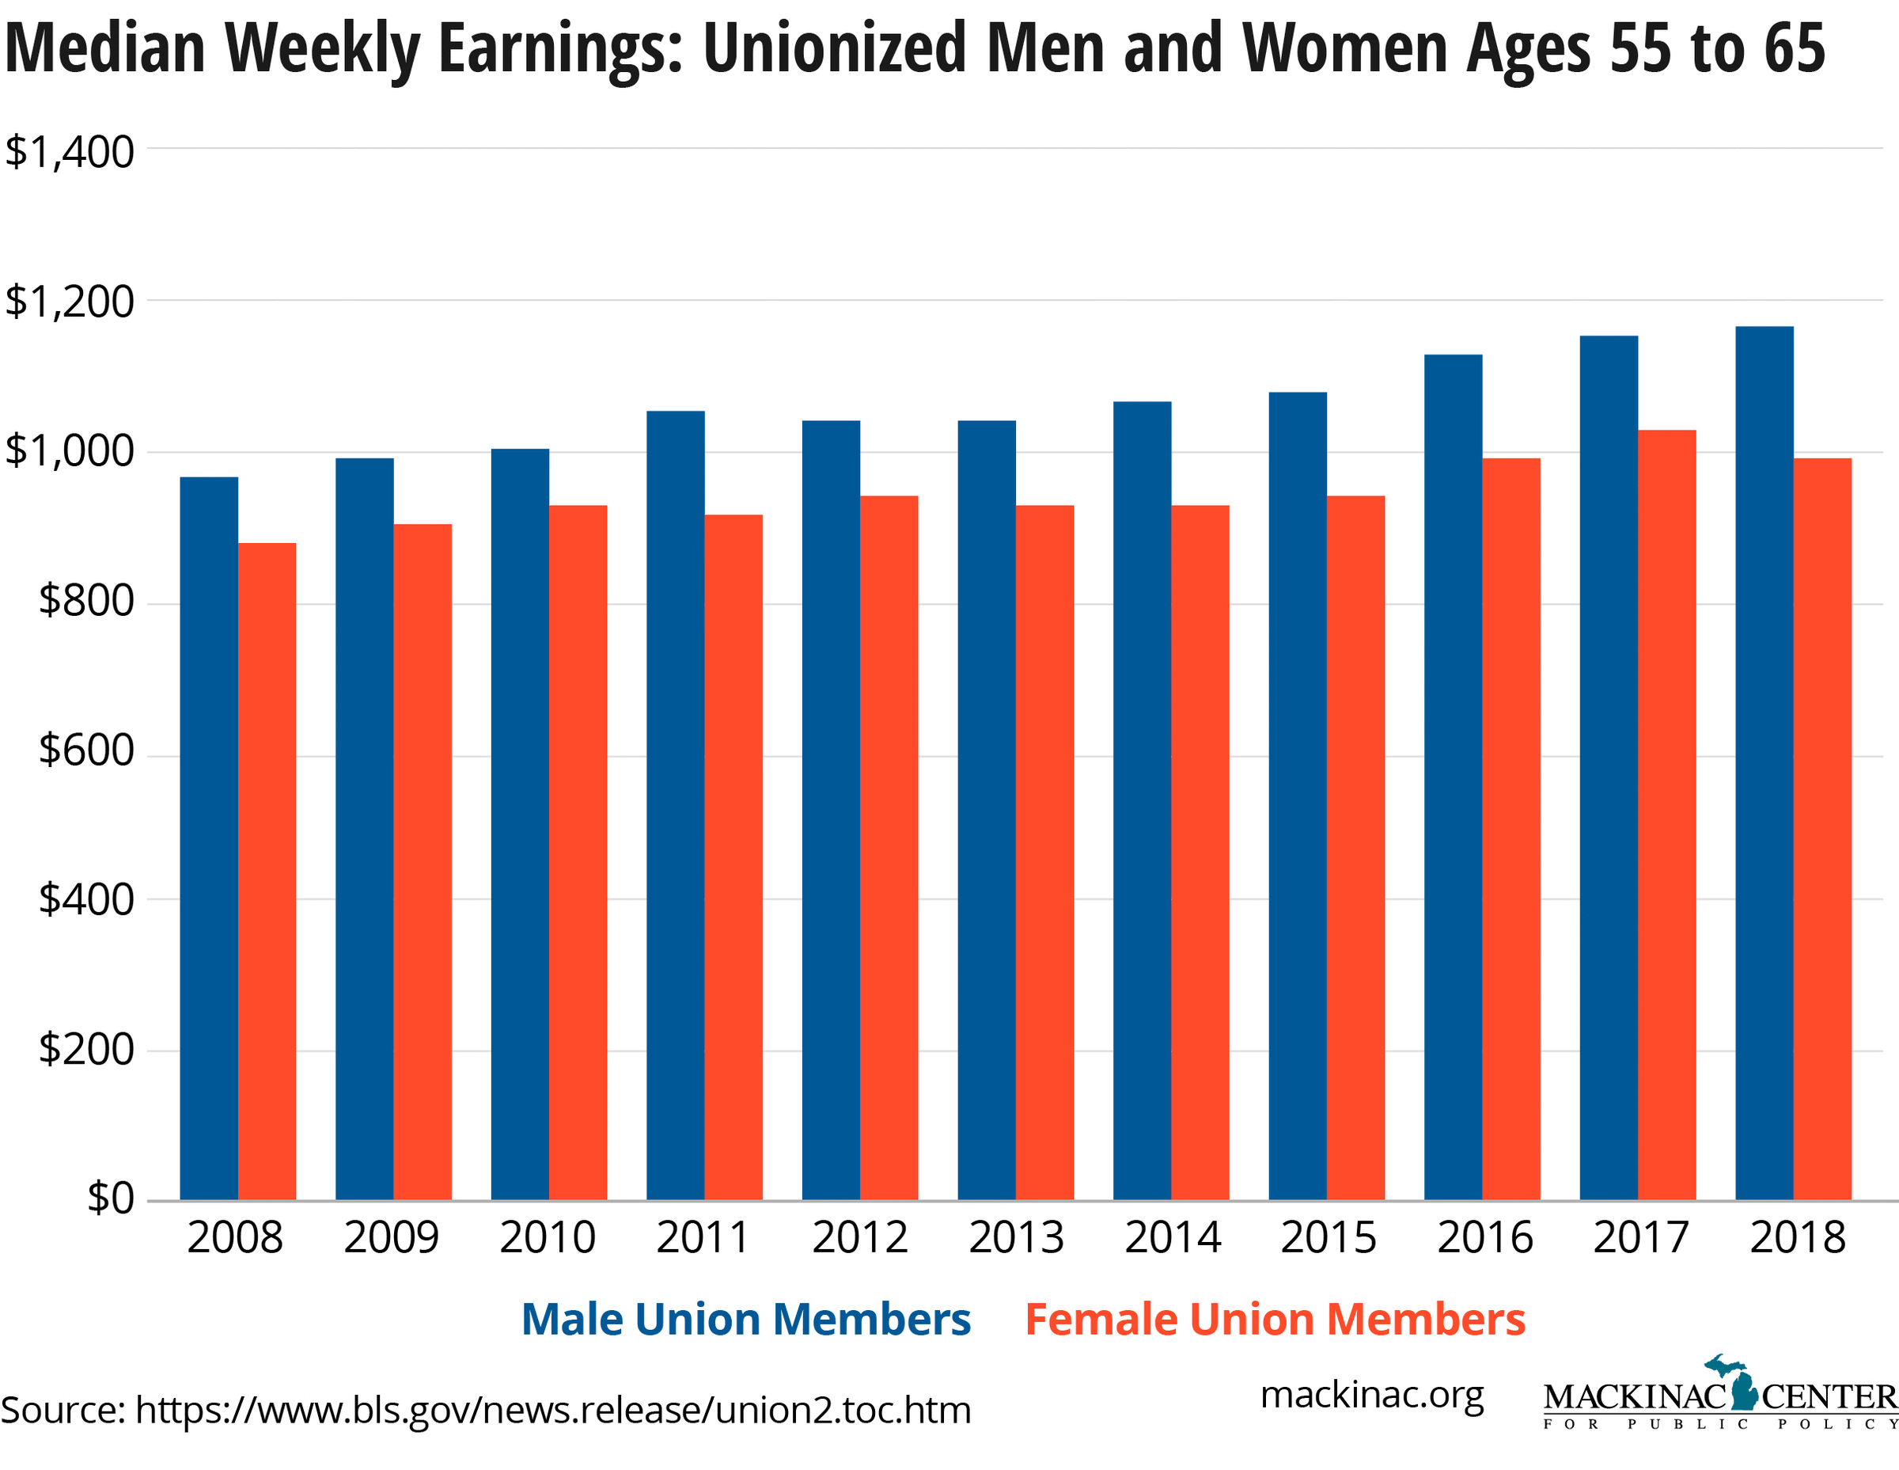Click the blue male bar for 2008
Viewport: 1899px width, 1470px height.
[209, 838]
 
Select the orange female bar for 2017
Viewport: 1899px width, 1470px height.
[1667, 815]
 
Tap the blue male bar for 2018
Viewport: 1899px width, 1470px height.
[1764, 764]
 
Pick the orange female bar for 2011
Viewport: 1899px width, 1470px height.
[733, 857]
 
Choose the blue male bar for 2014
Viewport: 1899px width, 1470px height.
[1142, 801]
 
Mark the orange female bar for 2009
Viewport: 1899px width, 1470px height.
[422, 862]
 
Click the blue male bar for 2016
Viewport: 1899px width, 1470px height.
[1453, 777]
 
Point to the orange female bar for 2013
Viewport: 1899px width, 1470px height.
[1044, 853]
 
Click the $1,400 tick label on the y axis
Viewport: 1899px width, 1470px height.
[70, 152]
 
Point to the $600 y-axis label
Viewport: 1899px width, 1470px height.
[86, 750]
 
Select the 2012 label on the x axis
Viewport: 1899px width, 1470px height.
[859, 1238]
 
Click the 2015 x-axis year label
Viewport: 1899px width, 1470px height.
[1328, 1238]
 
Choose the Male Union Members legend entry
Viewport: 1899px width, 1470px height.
[745, 1319]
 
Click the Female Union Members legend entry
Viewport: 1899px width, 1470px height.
[1275, 1319]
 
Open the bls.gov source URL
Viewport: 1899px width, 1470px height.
[552, 1409]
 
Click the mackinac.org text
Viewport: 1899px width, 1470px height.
[1371, 1396]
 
